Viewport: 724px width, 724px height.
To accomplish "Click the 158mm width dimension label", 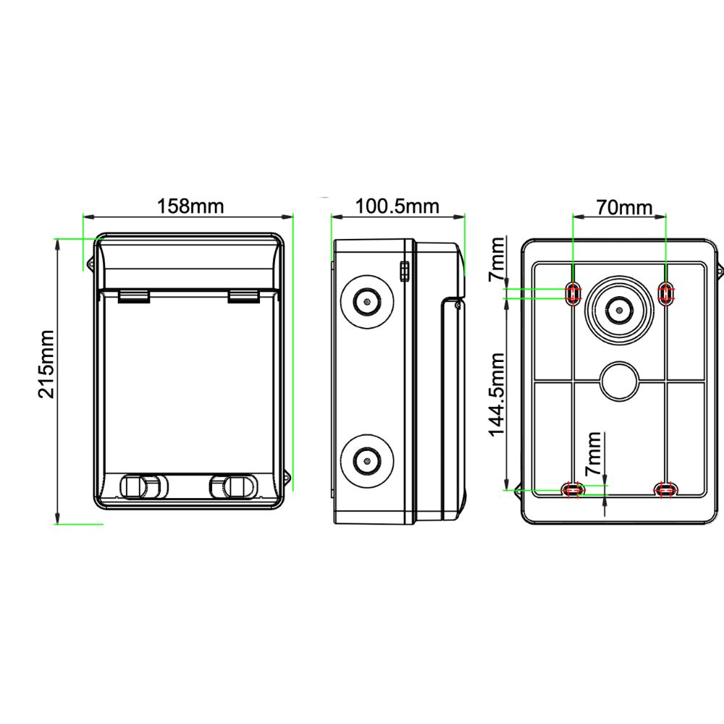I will [x=190, y=206].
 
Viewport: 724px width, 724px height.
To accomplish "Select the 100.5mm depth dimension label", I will [x=397, y=206].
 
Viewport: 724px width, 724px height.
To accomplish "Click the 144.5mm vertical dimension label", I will [x=497, y=394].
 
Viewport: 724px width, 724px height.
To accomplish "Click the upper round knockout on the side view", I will [x=368, y=300].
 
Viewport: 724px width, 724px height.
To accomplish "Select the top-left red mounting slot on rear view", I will [x=573, y=292].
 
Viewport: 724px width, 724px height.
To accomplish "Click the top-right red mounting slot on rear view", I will [x=665, y=292].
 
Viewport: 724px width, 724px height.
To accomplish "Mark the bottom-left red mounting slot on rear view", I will [x=573, y=489].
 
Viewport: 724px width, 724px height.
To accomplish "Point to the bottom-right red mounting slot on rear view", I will [x=665, y=489].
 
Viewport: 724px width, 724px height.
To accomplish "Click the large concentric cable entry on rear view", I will [x=619, y=311].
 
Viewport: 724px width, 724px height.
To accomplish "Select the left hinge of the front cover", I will [x=133, y=295].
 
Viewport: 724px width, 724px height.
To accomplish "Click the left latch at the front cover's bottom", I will [x=142, y=486].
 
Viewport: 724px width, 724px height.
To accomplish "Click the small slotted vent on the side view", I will [x=404, y=271].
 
